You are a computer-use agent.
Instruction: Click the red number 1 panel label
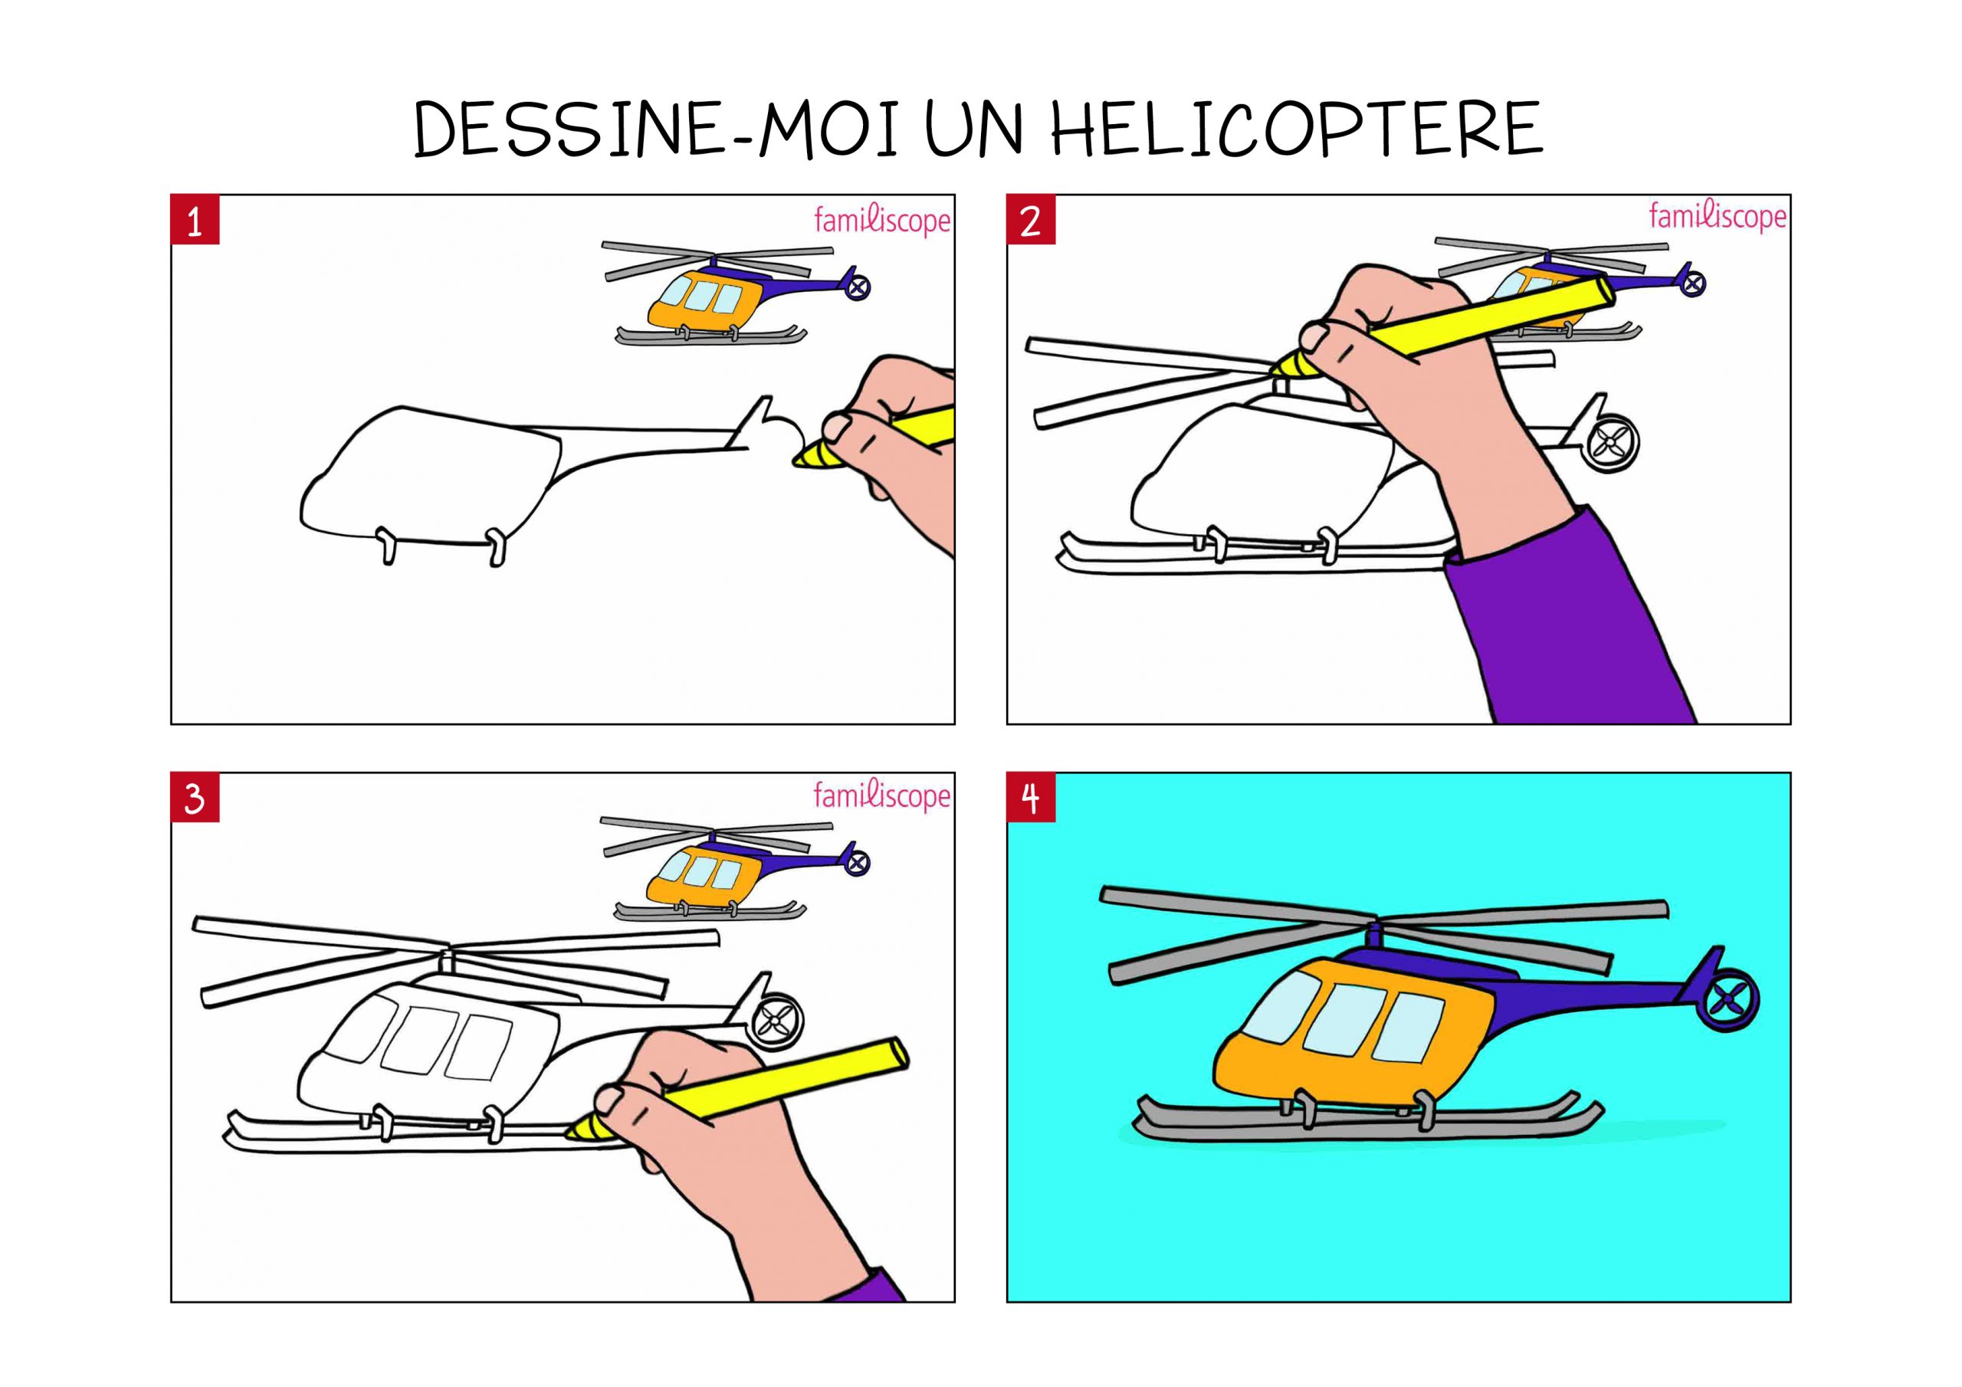coord(195,221)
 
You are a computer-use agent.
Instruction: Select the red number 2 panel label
coord(1032,221)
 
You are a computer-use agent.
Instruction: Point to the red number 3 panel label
coord(195,798)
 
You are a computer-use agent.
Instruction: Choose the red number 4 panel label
coord(1032,798)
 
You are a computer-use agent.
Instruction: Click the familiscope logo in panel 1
coord(882,221)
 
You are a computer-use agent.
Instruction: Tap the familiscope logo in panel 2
coord(1718,217)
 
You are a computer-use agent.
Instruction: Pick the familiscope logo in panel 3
coord(882,796)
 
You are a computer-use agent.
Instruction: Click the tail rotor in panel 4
coord(1730,997)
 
